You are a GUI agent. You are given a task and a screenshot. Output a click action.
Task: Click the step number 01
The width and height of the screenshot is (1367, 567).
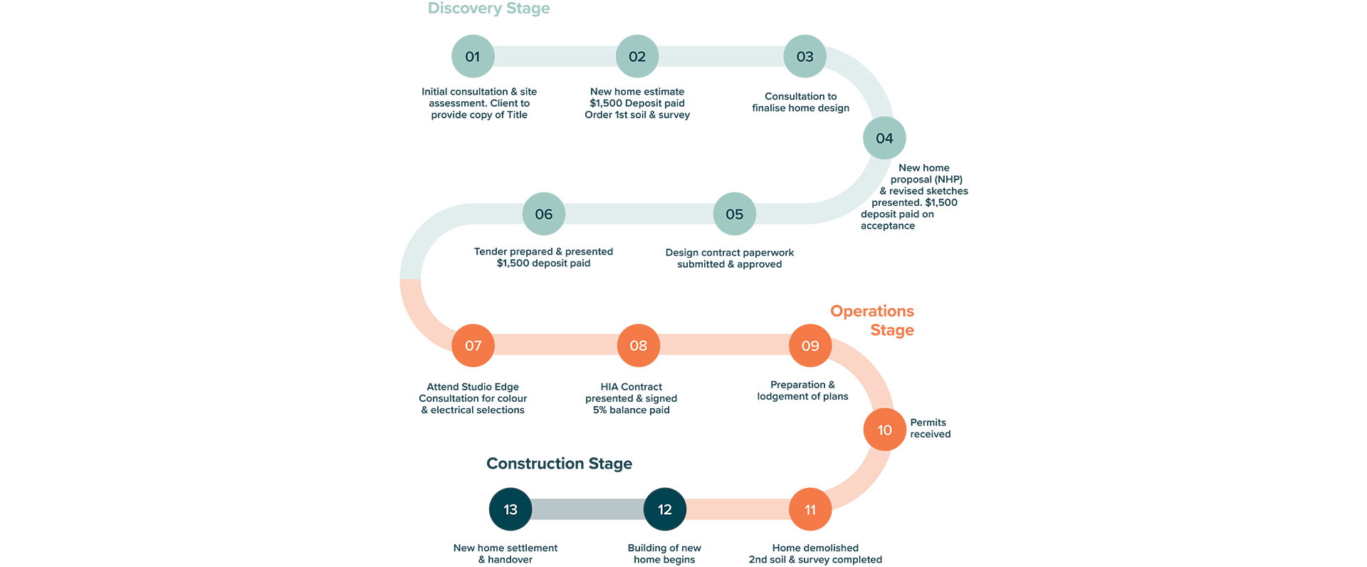[473, 57]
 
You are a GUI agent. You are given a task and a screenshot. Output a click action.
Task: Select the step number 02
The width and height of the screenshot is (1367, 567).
[637, 57]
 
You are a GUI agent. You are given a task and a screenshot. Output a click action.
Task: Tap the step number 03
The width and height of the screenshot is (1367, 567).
[805, 57]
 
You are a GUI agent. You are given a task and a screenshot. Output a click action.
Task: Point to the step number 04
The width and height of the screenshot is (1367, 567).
[884, 138]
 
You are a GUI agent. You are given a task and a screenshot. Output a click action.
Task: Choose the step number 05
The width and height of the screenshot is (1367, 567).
[734, 214]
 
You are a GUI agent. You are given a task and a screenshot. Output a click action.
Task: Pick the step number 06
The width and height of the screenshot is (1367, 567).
[544, 214]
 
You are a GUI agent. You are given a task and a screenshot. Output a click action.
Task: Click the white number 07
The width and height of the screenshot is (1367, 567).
[473, 346]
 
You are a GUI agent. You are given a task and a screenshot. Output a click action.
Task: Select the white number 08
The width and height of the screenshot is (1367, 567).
[639, 346]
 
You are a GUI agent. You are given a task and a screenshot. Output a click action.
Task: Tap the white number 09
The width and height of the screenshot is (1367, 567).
[810, 346]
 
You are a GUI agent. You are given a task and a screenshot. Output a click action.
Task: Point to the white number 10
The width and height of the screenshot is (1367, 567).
[884, 430]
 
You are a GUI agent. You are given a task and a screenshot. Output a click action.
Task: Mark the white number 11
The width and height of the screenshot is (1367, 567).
[810, 510]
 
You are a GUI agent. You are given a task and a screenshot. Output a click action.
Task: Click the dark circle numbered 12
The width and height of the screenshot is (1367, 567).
[665, 509]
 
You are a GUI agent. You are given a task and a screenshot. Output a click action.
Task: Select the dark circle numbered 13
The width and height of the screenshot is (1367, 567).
[510, 509]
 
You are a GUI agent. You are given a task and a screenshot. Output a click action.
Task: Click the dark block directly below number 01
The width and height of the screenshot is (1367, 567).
[477, 118]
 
